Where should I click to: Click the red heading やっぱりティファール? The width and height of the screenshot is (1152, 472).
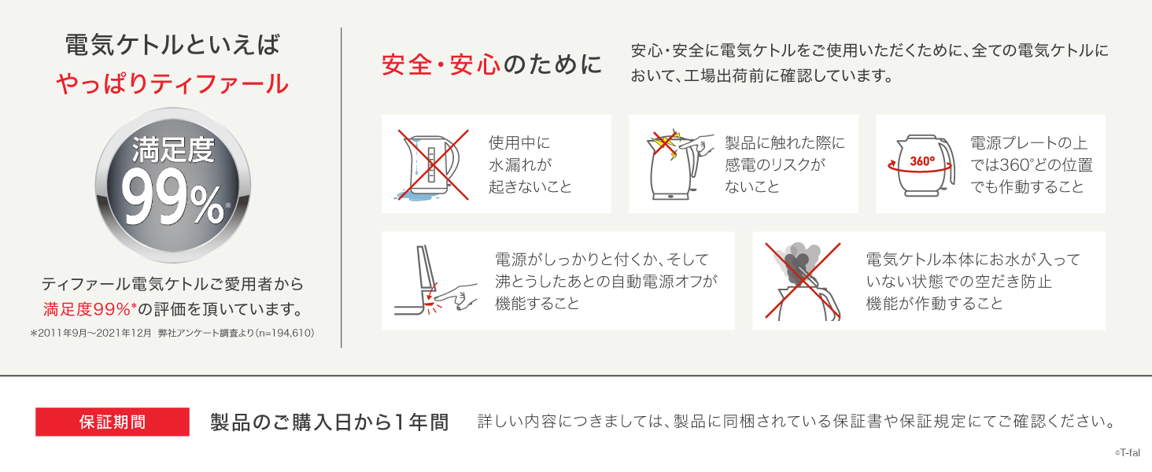[x=172, y=83]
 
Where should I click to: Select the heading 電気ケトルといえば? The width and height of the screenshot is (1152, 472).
[x=172, y=46]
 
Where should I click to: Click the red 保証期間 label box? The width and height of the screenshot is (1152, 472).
[x=113, y=422]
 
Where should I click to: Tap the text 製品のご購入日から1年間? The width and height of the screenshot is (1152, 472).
[x=329, y=422]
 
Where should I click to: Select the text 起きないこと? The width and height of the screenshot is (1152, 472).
[x=530, y=187]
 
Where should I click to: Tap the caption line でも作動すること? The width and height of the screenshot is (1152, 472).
[x=1027, y=187]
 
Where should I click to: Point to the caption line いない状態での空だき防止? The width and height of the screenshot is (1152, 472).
[x=958, y=282]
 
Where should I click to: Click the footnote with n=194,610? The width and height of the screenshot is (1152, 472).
[x=172, y=333]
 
